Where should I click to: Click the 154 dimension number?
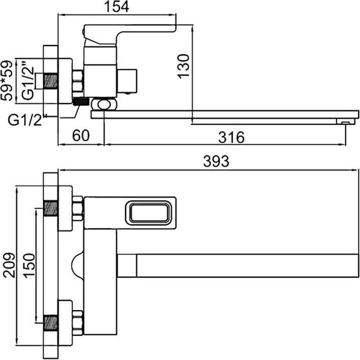117,7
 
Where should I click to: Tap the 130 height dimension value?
184,66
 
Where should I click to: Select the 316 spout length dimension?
231,137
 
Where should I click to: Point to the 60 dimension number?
81,135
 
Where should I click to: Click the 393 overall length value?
216,161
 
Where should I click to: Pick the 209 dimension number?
9,265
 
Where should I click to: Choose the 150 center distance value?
30,266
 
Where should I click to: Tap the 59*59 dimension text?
6,80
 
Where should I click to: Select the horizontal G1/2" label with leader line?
25,120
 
